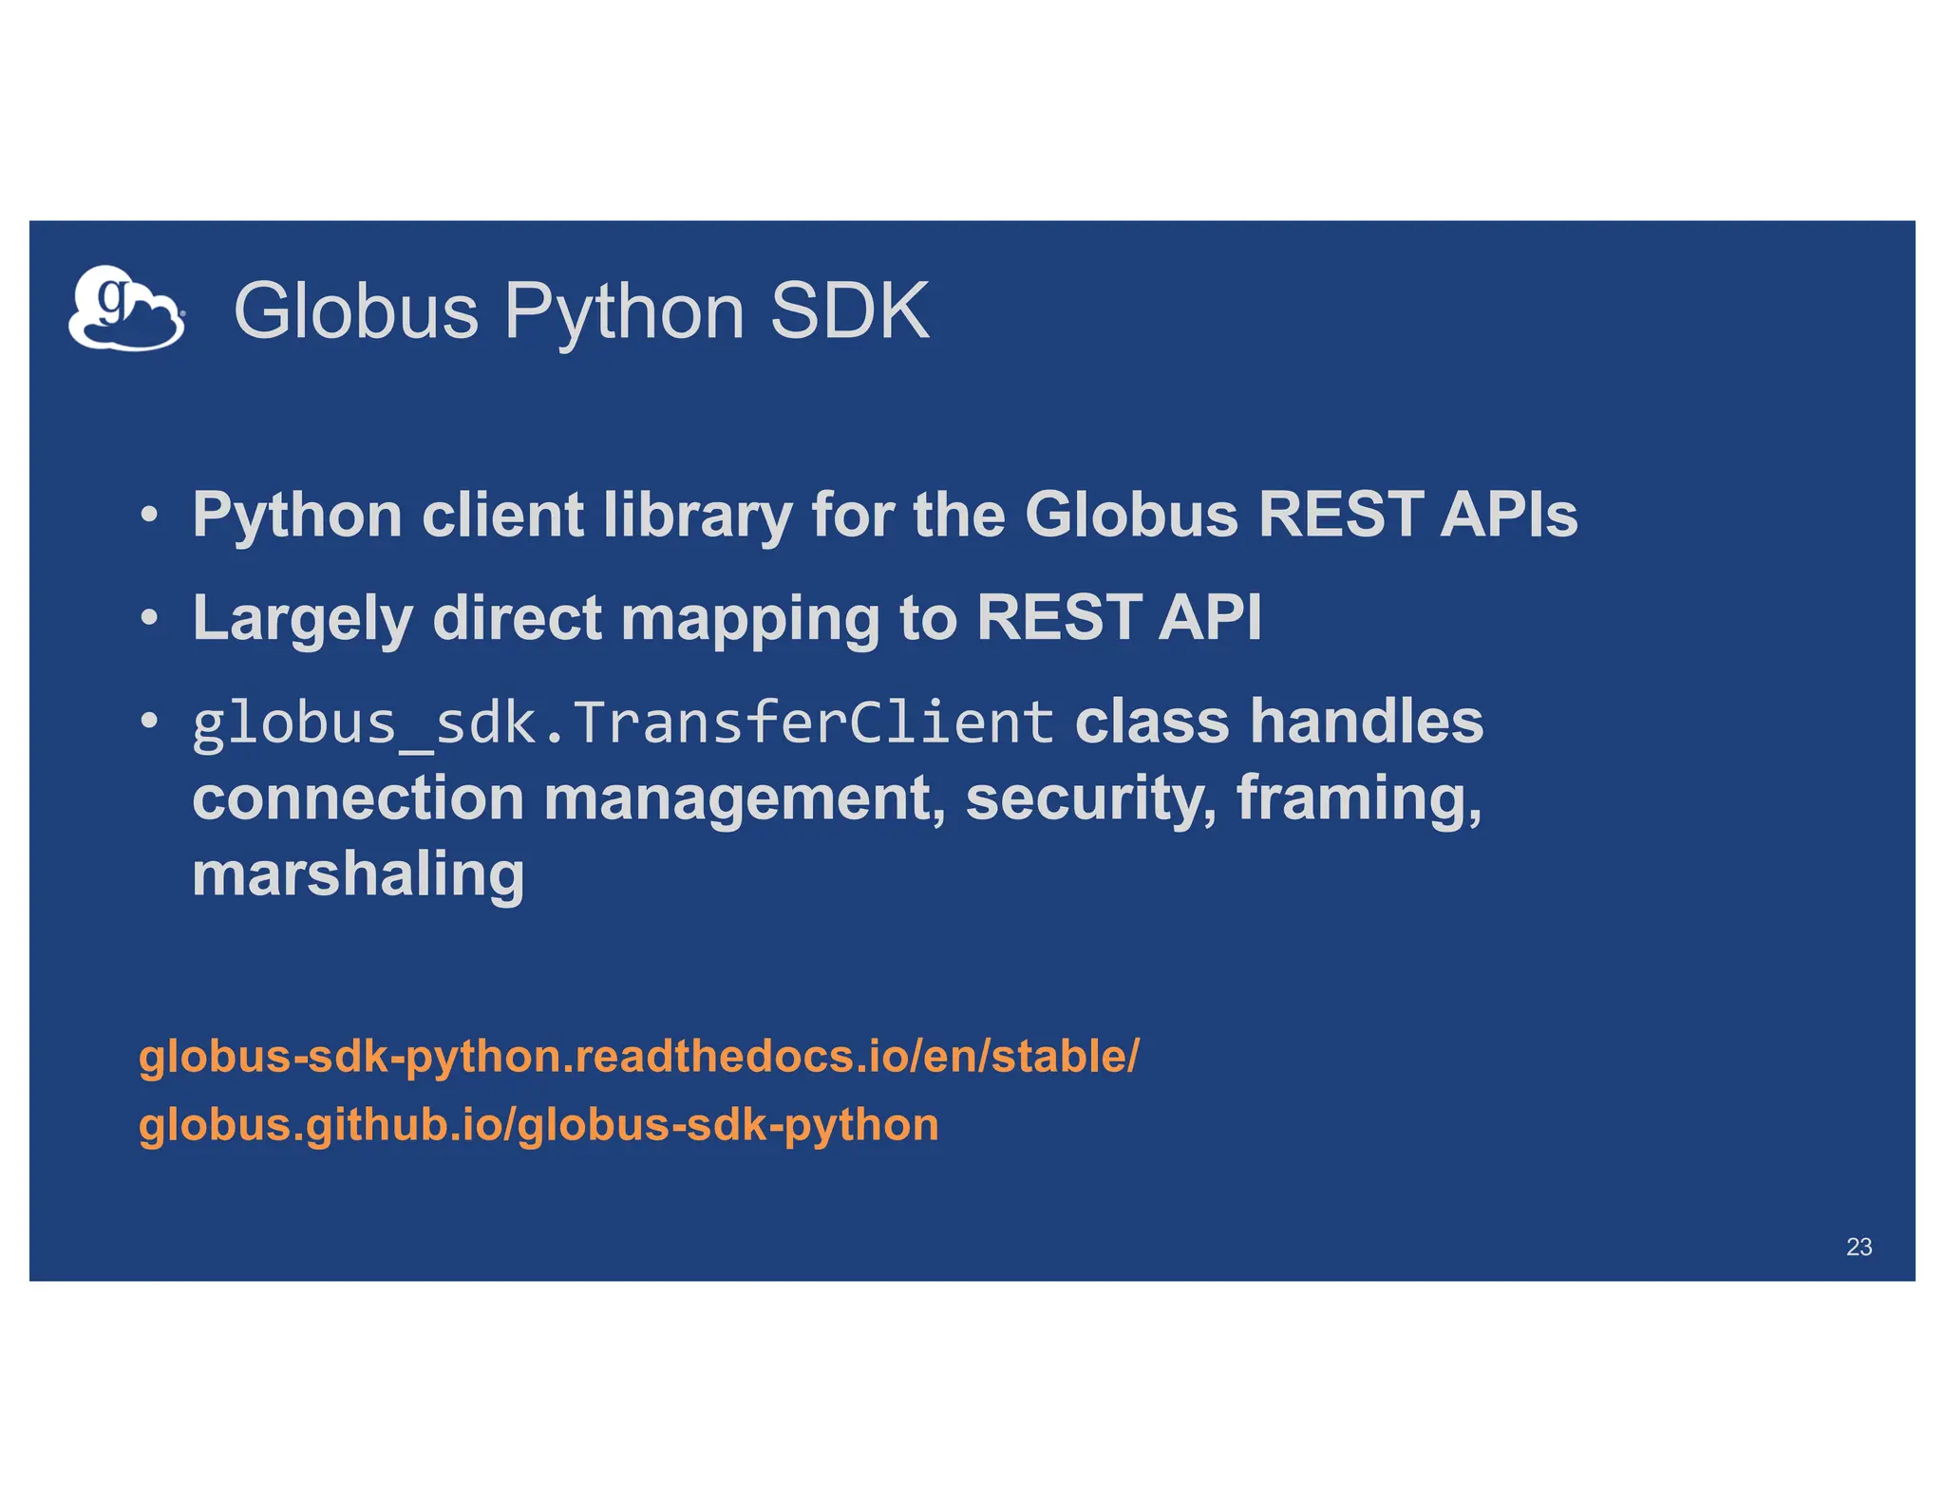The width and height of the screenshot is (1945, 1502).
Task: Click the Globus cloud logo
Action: [126, 310]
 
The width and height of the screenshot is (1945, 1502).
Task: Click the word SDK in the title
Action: [849, 311]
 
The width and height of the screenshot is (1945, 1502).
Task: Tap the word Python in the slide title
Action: [624, 313]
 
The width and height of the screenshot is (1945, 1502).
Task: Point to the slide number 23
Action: [1859, 1247]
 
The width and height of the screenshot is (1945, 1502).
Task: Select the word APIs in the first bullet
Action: [1508, 515]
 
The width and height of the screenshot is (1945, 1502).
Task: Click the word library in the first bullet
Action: [697, 516]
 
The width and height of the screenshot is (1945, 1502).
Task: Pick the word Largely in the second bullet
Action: [302, 619]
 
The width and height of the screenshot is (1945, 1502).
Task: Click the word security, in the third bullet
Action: [1091, 798]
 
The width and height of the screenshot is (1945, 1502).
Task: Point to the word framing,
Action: [1359, 798]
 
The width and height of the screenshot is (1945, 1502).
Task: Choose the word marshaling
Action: [358, 874]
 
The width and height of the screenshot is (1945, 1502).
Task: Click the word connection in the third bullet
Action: [358, 798]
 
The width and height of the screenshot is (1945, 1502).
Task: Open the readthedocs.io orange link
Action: [638, 1057]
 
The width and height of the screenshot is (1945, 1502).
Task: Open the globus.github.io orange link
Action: [538, 1125]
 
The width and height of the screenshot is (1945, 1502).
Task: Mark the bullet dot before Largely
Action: [149, 618]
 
